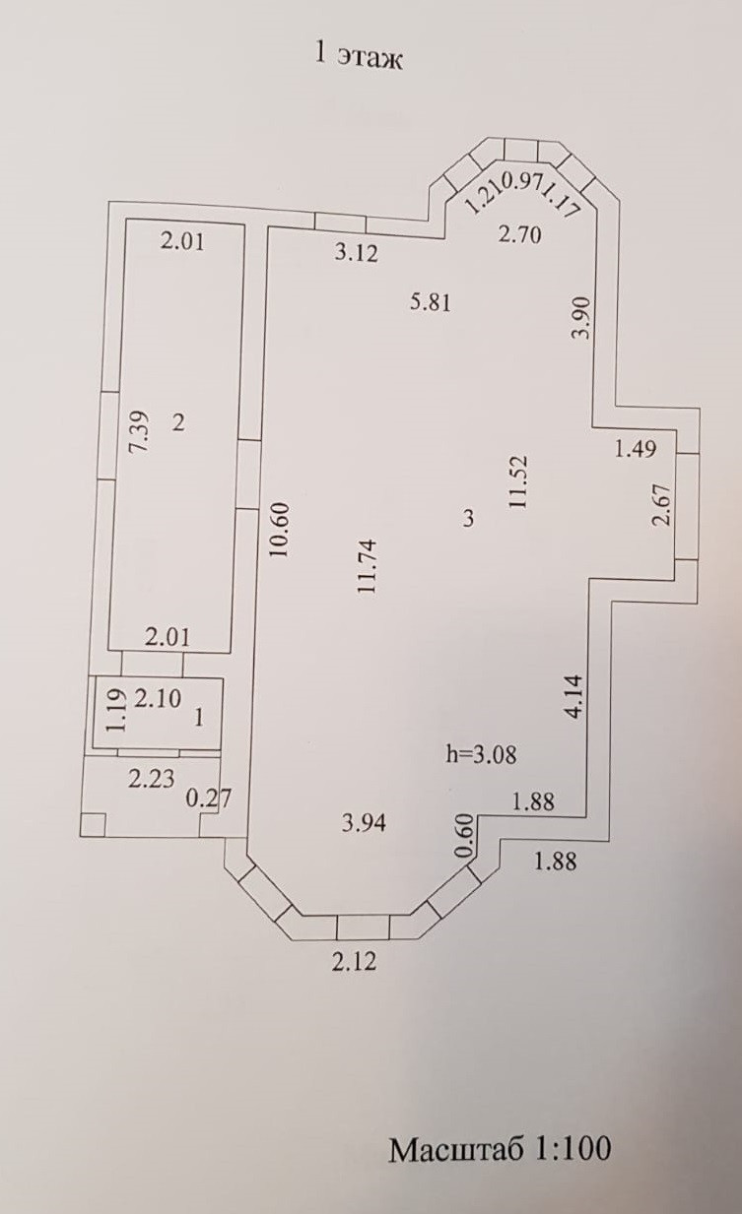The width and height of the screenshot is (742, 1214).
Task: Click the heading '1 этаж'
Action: [359, 58]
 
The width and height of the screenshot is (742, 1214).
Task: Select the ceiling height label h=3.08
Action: [481, 754]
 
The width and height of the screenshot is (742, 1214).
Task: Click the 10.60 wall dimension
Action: [282, 530]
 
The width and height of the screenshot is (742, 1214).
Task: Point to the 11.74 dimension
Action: [369, 567]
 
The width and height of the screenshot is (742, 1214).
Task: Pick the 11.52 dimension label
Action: [518, 481]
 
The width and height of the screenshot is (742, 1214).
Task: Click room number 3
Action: [469, 518]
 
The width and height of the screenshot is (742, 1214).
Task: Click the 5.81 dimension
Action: [431, 302]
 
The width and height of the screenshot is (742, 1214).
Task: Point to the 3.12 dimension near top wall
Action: [356, 253]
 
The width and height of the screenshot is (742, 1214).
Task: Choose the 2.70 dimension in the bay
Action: [519, 234]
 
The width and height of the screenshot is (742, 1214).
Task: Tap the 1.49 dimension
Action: [636, 449]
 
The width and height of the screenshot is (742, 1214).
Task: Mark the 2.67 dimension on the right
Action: [663, 504]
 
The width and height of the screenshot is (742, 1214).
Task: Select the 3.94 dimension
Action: [365, 824]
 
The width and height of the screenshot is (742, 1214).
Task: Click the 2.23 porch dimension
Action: [152, 779]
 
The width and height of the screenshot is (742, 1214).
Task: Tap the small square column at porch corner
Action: [93, 825]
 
